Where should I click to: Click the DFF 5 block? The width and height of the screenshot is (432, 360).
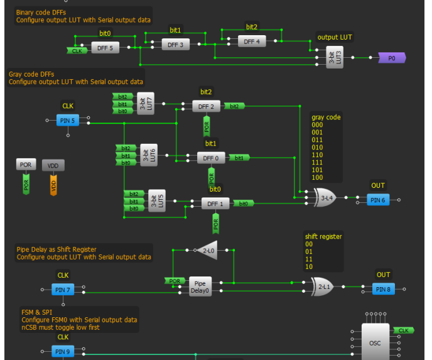pos(104,48)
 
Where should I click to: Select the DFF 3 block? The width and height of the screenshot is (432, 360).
pos(176,45)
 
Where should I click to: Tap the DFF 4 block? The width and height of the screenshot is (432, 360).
pos(252,41)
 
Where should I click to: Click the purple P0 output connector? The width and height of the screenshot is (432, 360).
pos(392,58)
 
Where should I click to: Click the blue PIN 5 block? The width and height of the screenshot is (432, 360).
pos(68,119)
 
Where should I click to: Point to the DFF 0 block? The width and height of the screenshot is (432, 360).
pos(211,158)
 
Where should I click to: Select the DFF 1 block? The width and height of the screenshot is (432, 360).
pos(216,203)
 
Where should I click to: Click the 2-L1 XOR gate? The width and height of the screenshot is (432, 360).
pos(323,287)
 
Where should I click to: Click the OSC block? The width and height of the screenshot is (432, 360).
pos(374,343)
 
